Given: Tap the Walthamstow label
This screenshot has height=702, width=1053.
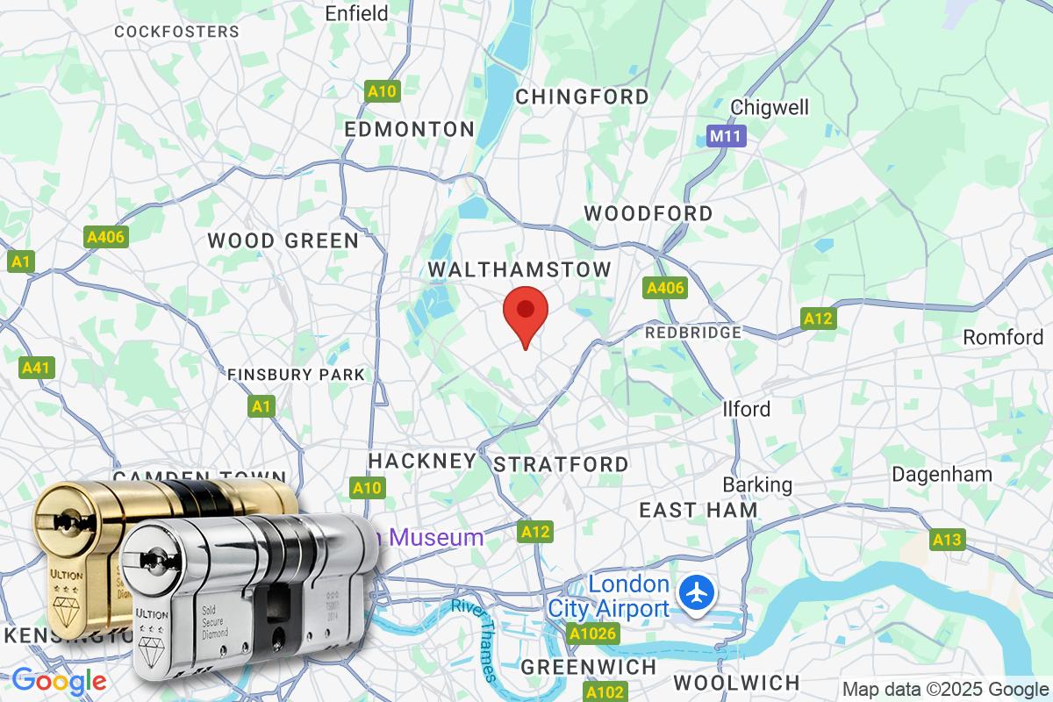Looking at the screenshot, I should click(x=519, y=269).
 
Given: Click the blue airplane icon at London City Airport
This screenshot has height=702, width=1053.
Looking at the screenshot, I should click(x=697, y=593).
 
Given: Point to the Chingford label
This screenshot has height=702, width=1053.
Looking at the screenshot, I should click(x=582, y=97).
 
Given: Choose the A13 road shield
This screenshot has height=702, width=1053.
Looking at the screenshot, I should click(x=947, y=540).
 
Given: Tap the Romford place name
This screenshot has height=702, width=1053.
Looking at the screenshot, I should click(x=1003, y=337).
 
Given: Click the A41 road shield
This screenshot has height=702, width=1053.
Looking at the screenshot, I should click(x=36, y=368).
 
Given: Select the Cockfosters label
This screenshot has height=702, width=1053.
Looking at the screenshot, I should click(x=176, y=32).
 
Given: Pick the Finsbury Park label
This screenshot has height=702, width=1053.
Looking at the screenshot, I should click(x=296, y=375).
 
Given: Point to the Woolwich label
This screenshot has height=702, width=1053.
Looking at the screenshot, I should click(x=736, y=682).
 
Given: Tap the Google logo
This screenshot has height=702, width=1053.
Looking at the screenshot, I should click(x=59, y=680).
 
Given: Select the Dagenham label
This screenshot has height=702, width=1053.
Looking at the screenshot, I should click(x=942, y=475).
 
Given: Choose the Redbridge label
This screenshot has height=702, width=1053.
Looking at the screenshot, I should click(x=693, y=333).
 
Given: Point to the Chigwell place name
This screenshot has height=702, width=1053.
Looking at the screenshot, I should click(x=770, y=108).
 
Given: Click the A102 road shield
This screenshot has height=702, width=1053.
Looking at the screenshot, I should click(x=605, y=692).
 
